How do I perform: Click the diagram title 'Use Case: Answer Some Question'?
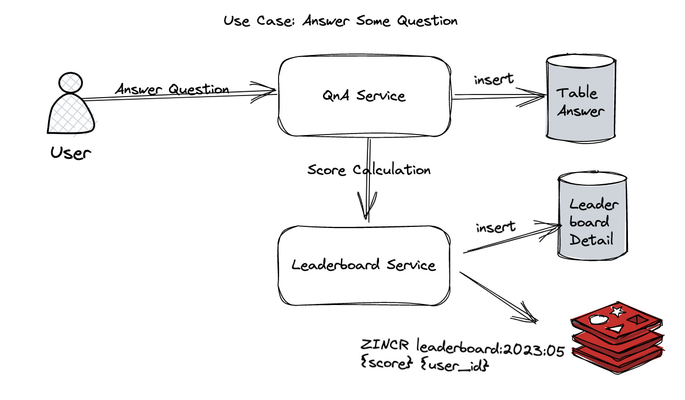click(x=340, y=21)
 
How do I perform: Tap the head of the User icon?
click(x=71, y=83)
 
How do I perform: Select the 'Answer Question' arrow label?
click(x=172, y=89)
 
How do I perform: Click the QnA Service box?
click(x=365, y=96)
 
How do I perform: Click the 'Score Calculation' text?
click(x=369, y=170)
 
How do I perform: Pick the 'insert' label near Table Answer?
click(x=494, y=80)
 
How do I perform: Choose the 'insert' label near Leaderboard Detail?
click(x=495, y=228)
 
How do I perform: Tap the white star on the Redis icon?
click(x=616, y=311)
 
